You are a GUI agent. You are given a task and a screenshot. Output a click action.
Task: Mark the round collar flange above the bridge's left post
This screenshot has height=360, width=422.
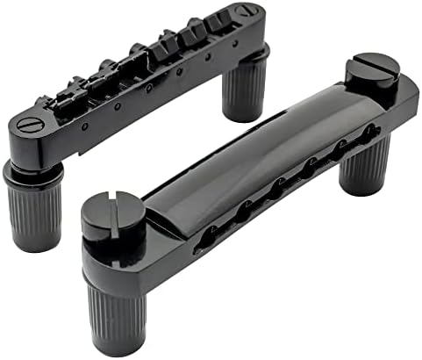pos(26,166)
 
